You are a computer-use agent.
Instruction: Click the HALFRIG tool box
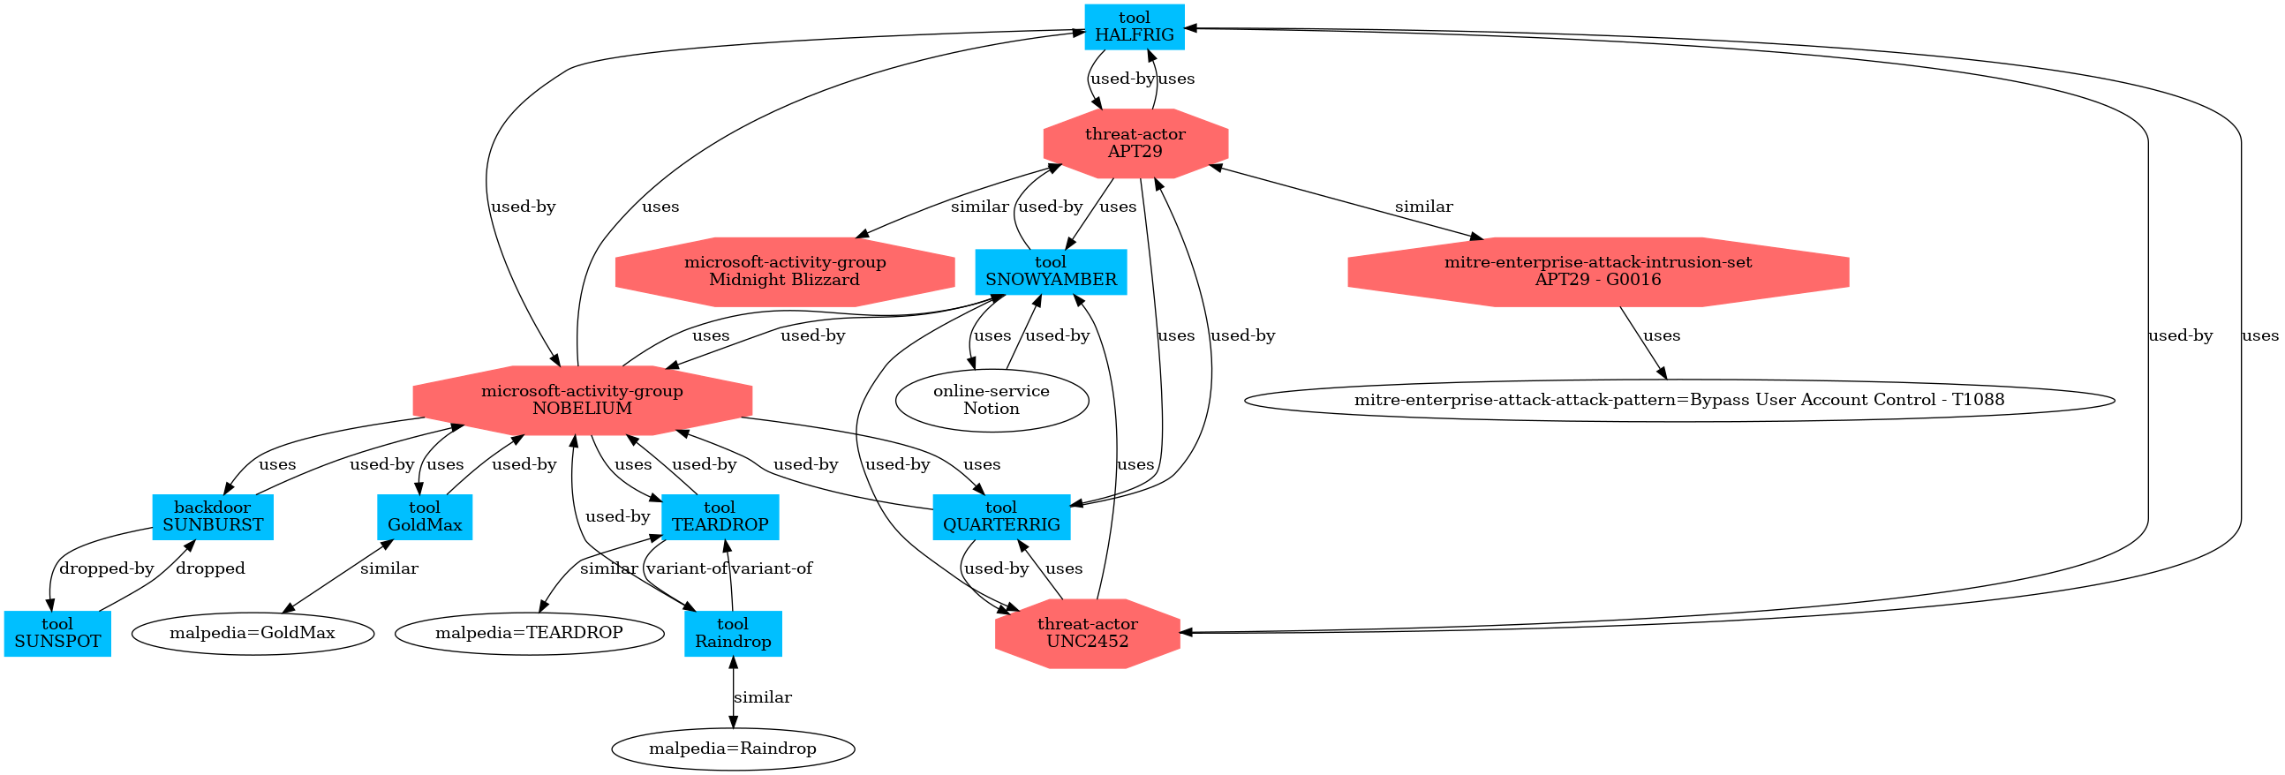point(1134,26)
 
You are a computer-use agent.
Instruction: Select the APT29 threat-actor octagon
point(1135,143)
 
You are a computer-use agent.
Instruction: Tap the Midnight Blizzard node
point(784,271)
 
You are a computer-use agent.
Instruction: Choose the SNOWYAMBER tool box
point(1052,271)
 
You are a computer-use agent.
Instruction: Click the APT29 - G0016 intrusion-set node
point(1597,271)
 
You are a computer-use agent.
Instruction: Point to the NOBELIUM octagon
point(582,400)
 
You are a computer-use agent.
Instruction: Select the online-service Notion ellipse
point(992,400)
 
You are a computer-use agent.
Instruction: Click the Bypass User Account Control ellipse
point(1679,400)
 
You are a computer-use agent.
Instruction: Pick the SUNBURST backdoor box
point(213,516)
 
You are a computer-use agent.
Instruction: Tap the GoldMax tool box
point(425,516)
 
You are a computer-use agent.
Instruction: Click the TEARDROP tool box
point(720,516)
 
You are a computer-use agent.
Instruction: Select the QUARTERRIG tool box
point(1001,516)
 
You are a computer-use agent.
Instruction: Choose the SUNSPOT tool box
point(57,633)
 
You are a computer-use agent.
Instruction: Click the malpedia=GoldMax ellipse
point(253,633)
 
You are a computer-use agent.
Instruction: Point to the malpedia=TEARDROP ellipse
point(529,633)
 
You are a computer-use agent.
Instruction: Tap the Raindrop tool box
point(733,633)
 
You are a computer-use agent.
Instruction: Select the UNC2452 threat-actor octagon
point(1088,633)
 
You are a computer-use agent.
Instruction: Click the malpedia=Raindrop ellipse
point(733,749)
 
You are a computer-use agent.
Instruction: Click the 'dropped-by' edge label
point(107,568)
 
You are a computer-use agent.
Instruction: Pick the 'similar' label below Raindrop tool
point(763,697)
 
